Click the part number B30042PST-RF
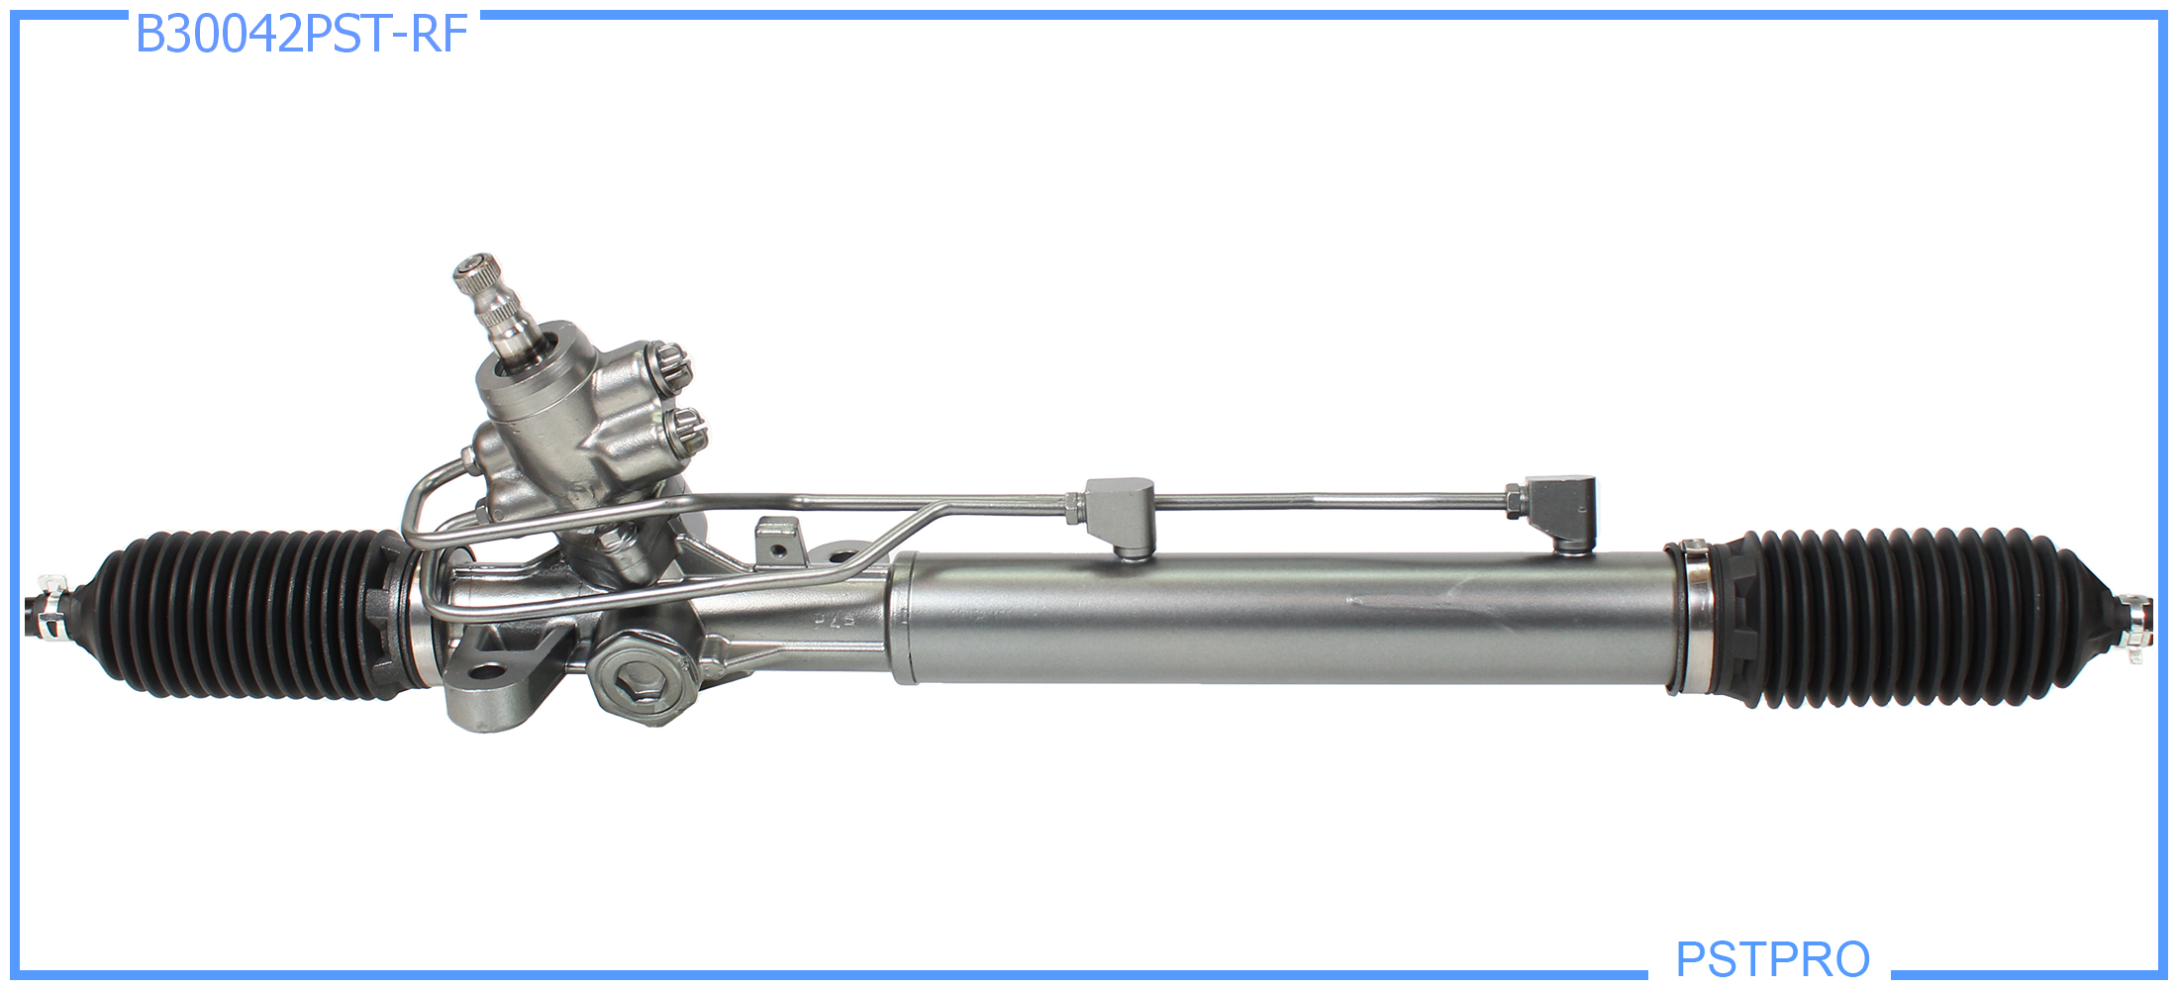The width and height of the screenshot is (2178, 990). [x=301, y=35]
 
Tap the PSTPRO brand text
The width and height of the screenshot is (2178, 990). [x=1772, y=958]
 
